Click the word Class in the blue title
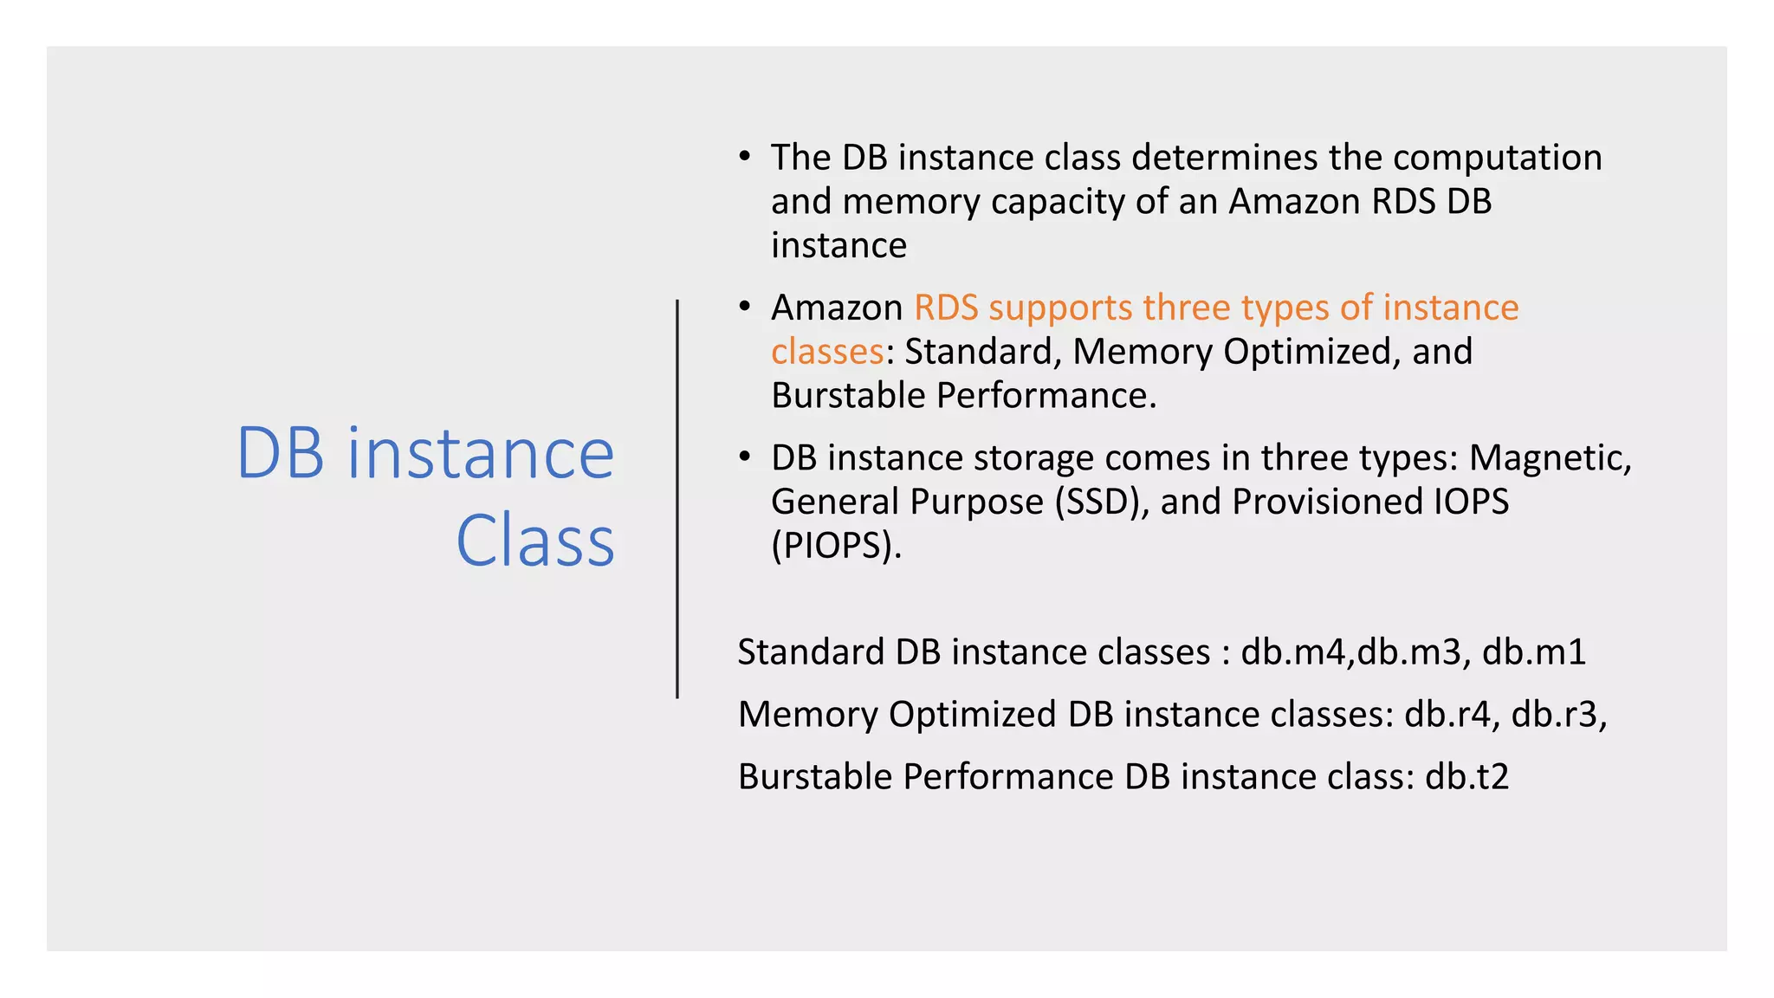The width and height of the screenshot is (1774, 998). pos(534,541)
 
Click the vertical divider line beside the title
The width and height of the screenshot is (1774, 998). pos(677,498)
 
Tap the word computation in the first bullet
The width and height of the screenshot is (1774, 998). pos(1497,158)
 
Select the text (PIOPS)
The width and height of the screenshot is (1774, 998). pos(836,546)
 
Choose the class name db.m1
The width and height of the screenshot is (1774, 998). pos(1533,652)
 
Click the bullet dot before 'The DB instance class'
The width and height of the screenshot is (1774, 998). pos(744,158)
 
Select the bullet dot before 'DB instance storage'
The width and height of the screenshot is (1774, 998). pos(744,457)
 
